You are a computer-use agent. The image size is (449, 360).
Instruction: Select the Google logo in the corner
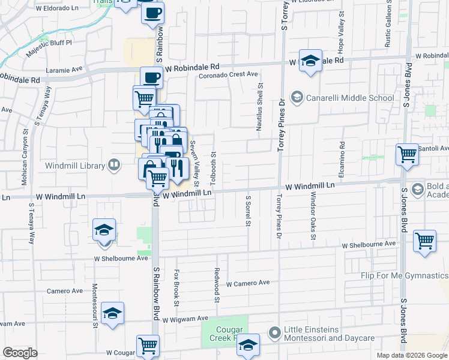[20, 353]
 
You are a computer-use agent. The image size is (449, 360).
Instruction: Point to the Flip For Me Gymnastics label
[405, 275]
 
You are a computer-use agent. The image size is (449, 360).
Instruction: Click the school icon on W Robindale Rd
[310, 61]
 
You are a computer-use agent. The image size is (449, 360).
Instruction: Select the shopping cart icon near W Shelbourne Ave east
[424, 241]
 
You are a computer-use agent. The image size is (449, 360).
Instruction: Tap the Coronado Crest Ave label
[229, 74]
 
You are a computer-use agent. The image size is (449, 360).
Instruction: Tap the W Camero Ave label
[248, 283]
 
